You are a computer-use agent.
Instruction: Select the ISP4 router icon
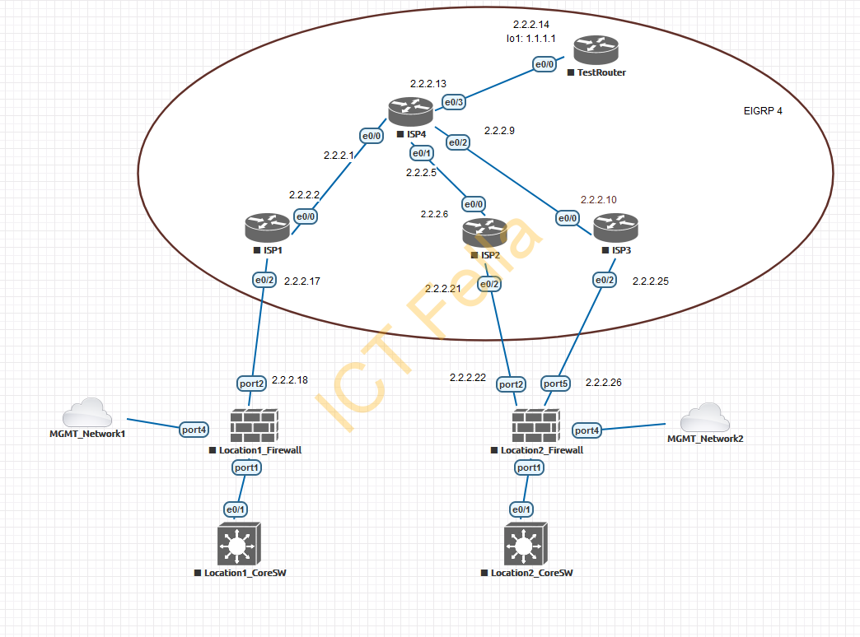(x=410, y=112)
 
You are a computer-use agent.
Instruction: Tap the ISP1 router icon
(x=267, y=227)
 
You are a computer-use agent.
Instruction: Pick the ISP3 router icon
(x=615, y=227)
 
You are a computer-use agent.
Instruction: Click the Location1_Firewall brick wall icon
(x=255, y=426)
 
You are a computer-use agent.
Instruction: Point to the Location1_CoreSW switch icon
(x=239, y=542)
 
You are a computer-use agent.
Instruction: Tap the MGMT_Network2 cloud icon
(x=704, y=418)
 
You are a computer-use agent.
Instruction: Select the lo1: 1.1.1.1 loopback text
(x=531, y=39)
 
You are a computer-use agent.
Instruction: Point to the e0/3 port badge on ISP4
(x=454, y=102)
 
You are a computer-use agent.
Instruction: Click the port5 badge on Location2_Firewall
(x=555, y=384)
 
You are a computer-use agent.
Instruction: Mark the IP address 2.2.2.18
(x=289, y=379)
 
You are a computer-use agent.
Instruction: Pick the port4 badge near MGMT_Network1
(x=194, y=429)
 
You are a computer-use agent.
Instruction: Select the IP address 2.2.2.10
(x=598, y=199)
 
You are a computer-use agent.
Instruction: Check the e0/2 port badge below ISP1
(x=264, y=281)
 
